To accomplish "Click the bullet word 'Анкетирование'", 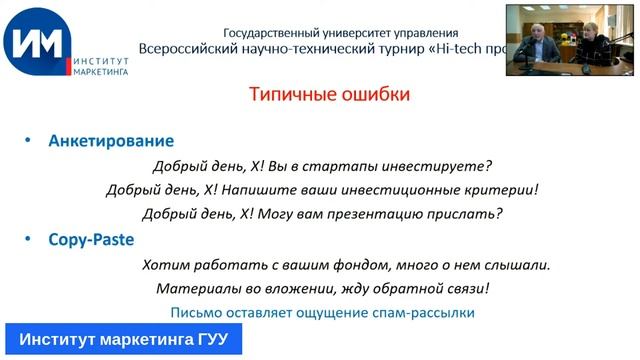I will [x=111, y=142].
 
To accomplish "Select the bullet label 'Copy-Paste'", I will [x=91, y=240].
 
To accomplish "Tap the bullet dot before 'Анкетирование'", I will [x=27, y=142].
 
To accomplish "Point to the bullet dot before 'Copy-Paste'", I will [x=27, y=240].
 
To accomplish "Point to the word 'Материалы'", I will [x=196, y=289].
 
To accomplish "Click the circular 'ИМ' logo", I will [x=36, y=43].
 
